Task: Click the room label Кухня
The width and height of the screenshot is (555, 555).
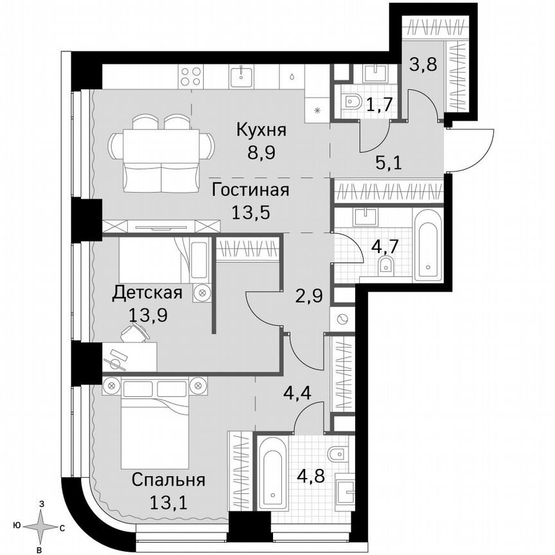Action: pyautogui.click(x=261, y=131)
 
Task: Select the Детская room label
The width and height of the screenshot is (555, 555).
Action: pyautogui.click(x=147, y=293)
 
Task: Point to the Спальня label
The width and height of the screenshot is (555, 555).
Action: pyautogui.click(x=168, y=480)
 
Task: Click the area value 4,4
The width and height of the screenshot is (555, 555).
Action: pyautogui.click(x=298, y=392)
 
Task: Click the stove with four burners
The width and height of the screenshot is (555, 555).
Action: pyautogui.click(x=191, y=77)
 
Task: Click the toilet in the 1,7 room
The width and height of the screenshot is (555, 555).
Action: pyautogui.click(x=353, y=101)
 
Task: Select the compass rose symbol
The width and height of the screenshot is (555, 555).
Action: pyautogui.click(x=42, y=527)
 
